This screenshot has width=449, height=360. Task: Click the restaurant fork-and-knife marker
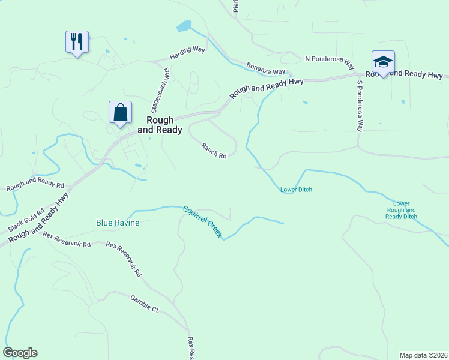[x=77, y=43]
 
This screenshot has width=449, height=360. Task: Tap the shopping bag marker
[x=120, y=112]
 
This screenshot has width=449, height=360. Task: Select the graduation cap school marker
[x=383, y=62]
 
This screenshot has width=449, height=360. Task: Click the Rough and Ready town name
[x=160, y=125]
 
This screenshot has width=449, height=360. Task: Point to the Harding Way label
[x=187, y=52]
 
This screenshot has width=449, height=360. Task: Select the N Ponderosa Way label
[x=329, y=59]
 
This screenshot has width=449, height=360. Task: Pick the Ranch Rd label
[x=214, y=151]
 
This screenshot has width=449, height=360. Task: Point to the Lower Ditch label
[x=296, y=190]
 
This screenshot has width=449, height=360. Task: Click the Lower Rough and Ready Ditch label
[x=401, y=210]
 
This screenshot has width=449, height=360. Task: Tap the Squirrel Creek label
[x=202, y=221]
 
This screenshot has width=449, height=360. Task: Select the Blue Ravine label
[x=118, y=223]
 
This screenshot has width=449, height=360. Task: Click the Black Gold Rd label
[x=26, y=220]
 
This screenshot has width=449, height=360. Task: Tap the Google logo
[x=20, y=353]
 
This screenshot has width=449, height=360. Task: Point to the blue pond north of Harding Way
[x=184, y=26]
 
